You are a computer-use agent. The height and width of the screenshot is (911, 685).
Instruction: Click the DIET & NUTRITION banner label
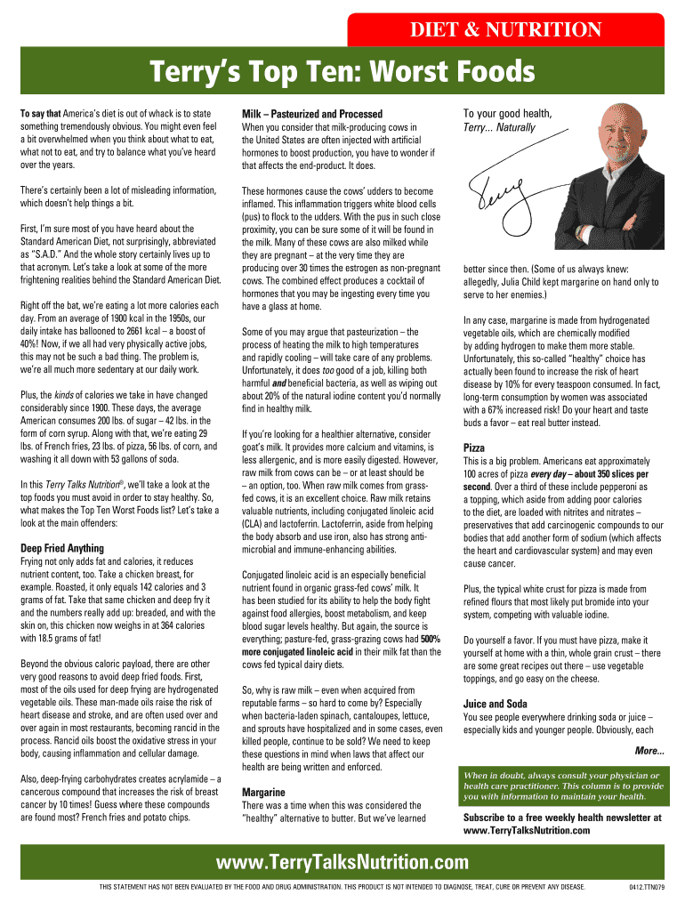505,30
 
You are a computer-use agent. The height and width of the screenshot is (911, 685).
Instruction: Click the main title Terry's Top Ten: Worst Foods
342,72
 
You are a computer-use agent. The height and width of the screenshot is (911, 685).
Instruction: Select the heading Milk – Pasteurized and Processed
311,114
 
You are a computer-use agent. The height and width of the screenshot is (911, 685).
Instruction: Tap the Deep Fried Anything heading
61,548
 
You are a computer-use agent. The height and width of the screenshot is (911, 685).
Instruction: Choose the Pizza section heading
474,447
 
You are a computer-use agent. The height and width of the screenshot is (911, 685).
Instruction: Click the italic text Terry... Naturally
499,127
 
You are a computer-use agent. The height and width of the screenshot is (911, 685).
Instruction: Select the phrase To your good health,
507,113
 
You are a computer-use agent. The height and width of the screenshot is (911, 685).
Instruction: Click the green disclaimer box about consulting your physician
563,786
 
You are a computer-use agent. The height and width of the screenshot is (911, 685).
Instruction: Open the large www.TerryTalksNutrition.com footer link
342,862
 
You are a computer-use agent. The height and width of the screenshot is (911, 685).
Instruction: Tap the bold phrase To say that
40,114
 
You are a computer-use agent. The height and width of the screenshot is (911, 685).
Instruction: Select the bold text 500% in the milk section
431,639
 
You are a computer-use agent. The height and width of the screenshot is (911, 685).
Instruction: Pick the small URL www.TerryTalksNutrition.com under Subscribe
527,830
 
